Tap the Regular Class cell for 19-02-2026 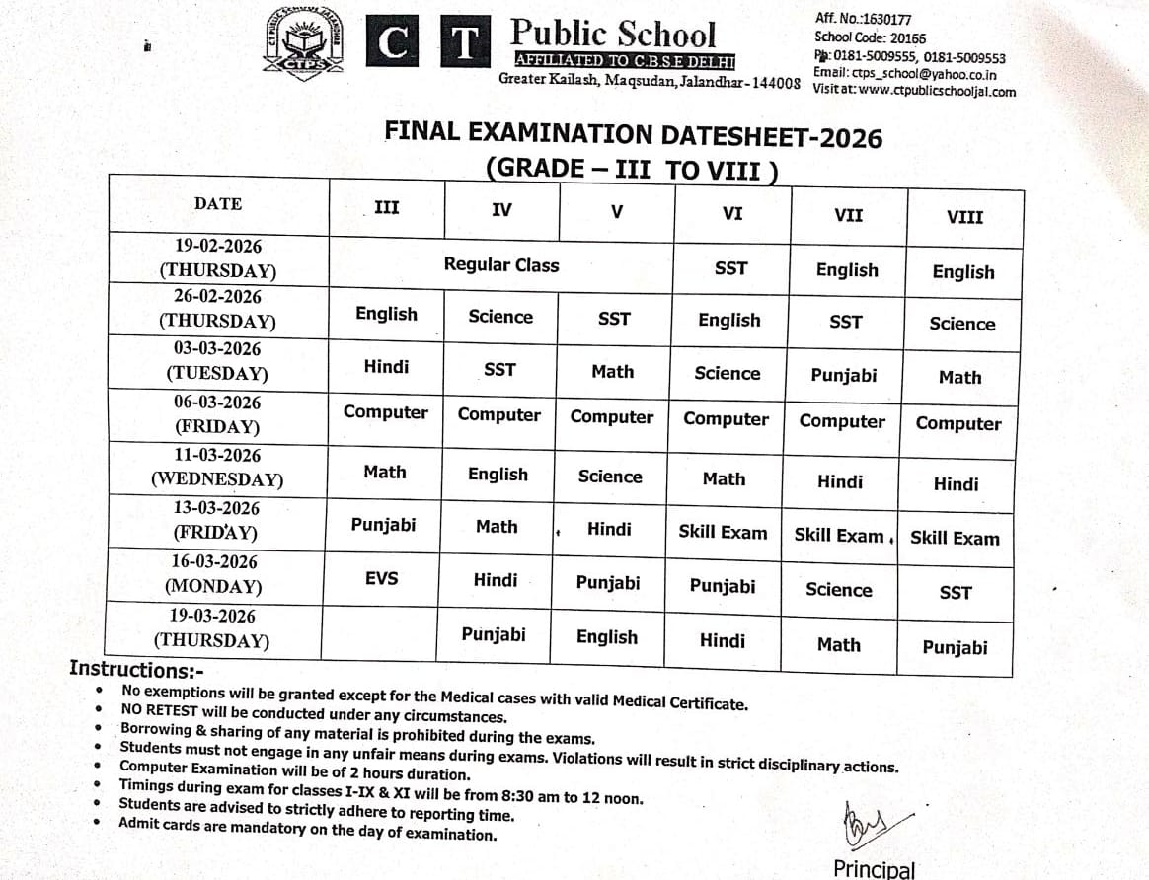(500, 264)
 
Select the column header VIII (964, 216)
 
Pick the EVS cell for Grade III (381, 577)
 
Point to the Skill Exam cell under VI (723, 532)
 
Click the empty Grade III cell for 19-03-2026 (380, 631)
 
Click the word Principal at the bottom (874, 868)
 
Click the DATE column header (217, 203)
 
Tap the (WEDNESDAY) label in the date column (217, 480)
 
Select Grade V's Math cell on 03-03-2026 (612, 371)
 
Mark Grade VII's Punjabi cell (843, 375)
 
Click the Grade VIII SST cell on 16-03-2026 (956, 593)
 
